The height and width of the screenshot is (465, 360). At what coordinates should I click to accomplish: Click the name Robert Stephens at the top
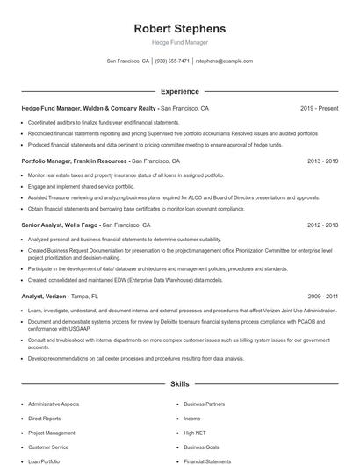(x=179, y=29)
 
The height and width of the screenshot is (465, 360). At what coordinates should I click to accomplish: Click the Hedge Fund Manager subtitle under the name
(x=179, y=42)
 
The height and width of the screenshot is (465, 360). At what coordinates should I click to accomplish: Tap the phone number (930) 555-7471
(x=172, y=61)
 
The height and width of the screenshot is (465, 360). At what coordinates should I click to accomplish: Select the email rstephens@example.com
(x=224, y=61)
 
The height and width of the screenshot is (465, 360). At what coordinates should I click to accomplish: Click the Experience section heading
(x=179, y=91)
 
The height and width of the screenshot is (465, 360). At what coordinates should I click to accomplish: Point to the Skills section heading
(x=179, y=384)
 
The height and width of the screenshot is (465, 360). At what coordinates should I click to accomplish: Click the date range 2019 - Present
(x=319, y=108)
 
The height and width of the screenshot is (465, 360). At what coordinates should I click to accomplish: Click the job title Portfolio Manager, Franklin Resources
(x=75, y=161)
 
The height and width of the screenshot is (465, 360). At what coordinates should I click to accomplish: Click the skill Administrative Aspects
(x=54, y=404)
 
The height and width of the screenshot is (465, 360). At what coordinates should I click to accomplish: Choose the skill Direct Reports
(x=45, y=418)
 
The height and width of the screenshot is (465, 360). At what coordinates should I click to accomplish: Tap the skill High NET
(x=195, y=433)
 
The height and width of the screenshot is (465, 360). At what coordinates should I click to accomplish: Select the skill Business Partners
(x=204, y=404)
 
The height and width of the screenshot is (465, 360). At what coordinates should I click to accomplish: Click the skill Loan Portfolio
(x=44, y=461)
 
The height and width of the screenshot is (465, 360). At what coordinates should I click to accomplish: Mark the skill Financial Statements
(x=207, y=461)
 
